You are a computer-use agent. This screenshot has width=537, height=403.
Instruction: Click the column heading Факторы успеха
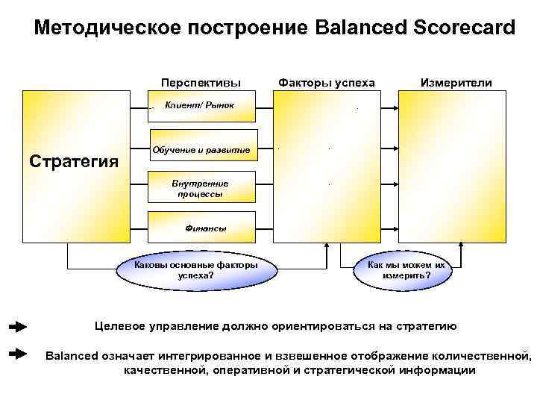pos(326,83)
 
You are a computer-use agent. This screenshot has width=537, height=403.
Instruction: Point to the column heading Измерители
pos(456,83)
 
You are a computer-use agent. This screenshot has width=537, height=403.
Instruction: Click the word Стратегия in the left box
pos(73,160)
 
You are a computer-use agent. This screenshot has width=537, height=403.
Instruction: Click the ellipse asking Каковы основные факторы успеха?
pos(196,269)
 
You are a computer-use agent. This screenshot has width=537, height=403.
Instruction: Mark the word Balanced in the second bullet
pos(72,354)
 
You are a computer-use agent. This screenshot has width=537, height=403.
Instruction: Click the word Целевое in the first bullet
pos(119,326)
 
